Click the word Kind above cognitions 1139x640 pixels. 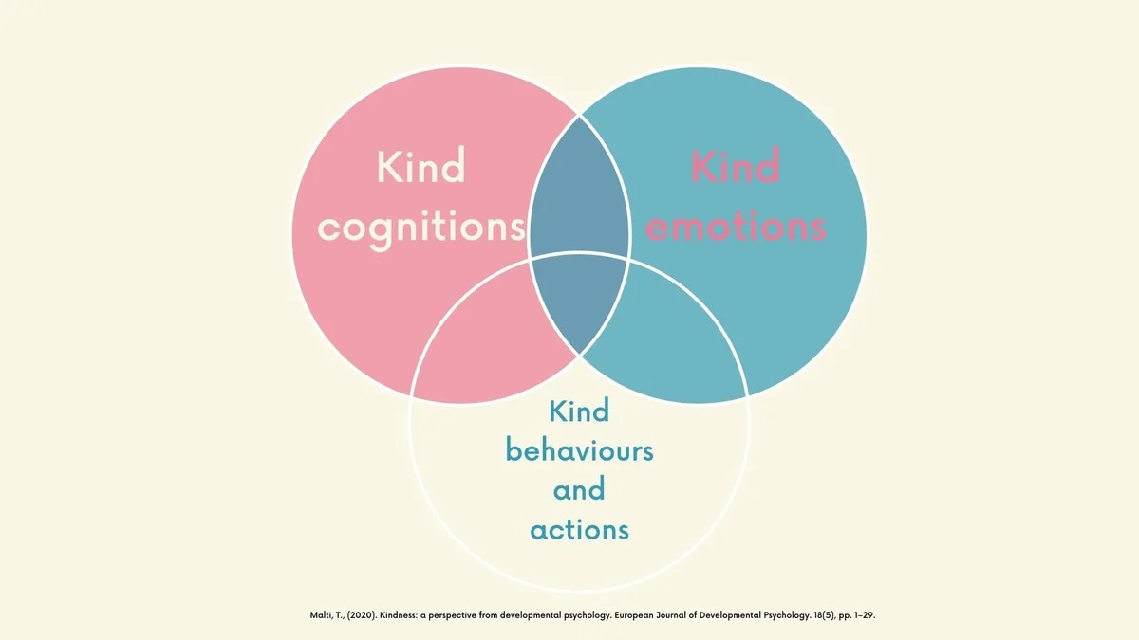pos(420,168)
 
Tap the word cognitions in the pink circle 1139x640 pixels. pos(421,227)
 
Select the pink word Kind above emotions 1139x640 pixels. pos(736,168)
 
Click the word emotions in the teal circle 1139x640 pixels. pos(736,227)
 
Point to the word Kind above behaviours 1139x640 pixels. pos(579,411)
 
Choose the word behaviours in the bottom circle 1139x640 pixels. pos(579,449)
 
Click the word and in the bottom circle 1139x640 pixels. pos(579,489)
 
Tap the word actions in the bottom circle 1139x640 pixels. pos(579,528)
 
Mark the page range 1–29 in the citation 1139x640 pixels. pos(860,616)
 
